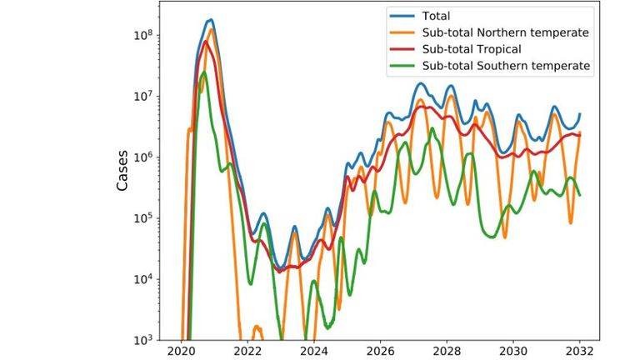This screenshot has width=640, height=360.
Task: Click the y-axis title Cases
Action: tap(122, 171)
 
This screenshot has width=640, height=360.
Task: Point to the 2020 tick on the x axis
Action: tap(182, 351)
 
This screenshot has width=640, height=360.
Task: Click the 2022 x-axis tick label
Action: tap(247, 351)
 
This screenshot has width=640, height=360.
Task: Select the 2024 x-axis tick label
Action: tap(314, 351)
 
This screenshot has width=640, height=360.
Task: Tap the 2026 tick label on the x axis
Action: tap(381, 351)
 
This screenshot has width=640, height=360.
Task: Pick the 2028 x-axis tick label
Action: tap(447, 351)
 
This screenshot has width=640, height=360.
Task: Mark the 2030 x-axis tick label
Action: tap(513, 351)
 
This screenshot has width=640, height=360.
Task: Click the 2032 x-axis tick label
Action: tap(580, 351)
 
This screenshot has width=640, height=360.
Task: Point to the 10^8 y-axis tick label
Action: tap(149, 35)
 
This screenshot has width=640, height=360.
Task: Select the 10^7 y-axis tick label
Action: tap(149, 96)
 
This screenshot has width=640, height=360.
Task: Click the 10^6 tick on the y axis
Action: tap(149, 157)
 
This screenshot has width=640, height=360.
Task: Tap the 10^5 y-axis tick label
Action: tap(149, 218)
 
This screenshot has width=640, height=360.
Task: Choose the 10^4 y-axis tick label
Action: tap(149, 279)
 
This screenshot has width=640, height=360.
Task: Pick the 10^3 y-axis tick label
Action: tap(149, 340)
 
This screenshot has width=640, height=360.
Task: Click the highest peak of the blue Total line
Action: tap(211, 20)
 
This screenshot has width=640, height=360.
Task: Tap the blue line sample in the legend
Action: tap(399, 16)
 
